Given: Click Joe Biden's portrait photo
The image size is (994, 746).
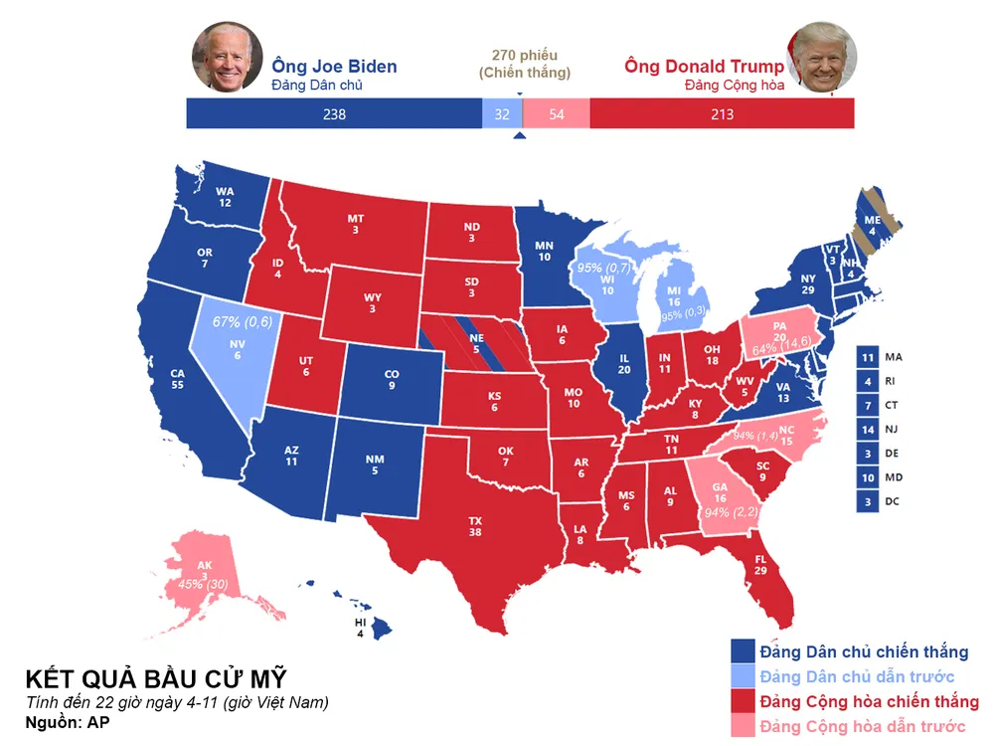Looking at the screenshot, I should point(227,57).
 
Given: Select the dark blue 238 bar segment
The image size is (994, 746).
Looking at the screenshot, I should point(334,114).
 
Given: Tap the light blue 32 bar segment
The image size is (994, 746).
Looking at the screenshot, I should point(502,114).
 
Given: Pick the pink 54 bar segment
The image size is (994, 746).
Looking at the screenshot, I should point(556,114).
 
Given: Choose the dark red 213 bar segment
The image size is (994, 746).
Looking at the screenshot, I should point(722,114).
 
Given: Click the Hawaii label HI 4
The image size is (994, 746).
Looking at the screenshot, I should point(361,628).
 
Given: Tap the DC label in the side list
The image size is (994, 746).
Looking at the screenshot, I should point(892,502).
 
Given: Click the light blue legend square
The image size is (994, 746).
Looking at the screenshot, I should point(742,677).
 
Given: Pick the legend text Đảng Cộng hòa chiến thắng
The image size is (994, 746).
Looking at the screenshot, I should point(869,702).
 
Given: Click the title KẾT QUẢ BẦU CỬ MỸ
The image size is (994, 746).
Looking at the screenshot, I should point(156,679).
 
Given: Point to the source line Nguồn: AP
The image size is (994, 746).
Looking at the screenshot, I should point(68,723).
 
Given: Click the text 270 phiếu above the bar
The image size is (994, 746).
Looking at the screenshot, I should point(525,55).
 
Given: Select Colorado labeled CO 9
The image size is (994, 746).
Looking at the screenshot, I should point(392,380).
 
